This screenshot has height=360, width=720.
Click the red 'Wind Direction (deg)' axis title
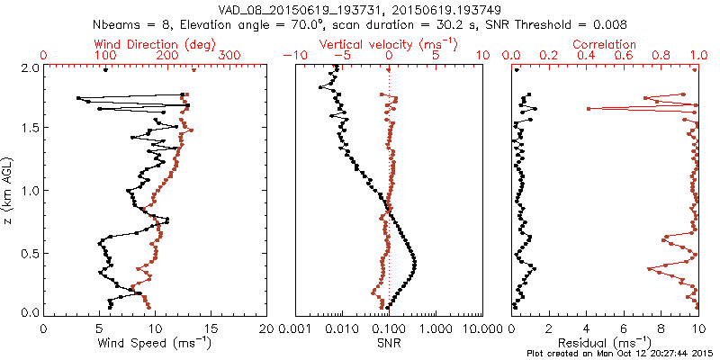pos(157,44)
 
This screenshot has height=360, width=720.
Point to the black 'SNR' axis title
pos(389,342)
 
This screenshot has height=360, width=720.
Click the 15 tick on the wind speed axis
pos(211,328)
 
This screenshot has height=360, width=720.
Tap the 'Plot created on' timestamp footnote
pos(620,353)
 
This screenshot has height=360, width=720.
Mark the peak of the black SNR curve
pos(416,262)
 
